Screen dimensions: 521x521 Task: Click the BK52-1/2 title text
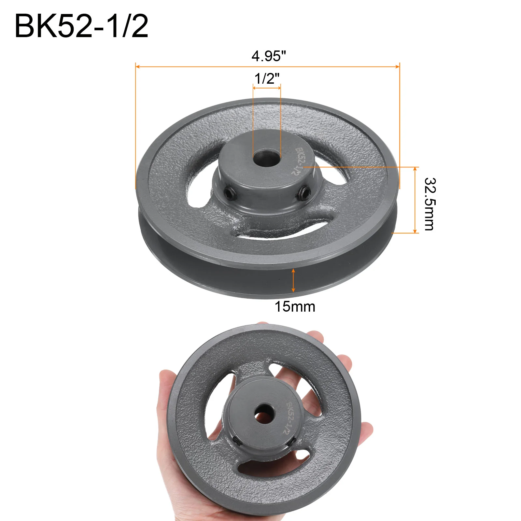pyautogui.click(x=81, y=26)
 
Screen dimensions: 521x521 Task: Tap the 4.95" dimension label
pyautogui.click(x=269, y=56)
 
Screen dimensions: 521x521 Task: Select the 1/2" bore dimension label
pyautogui.click(x=267, y=78)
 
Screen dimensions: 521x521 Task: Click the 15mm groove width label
pyautogui.click(x=295, y=307)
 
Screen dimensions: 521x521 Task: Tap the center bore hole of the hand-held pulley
pyautogui.click(x=263, y=414)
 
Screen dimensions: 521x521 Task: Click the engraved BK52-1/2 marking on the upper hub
pyautogui.click(x=299, y=161)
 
